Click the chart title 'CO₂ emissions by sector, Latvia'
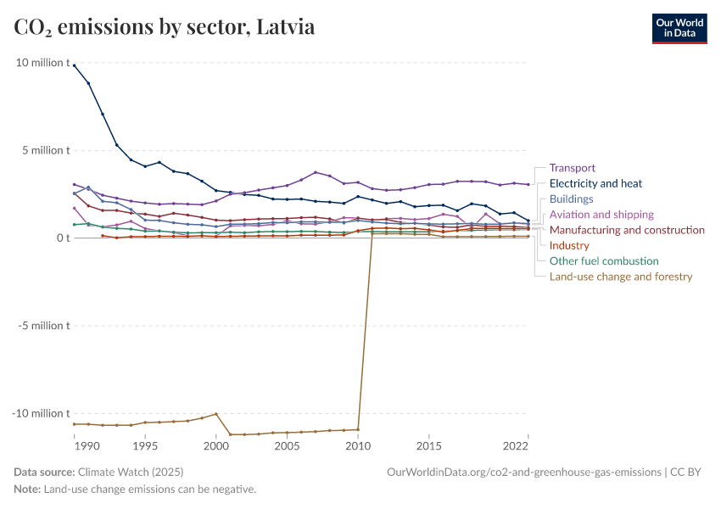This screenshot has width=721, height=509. (x=165, y=27)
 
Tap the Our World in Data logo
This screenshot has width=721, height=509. (x=679, y=27)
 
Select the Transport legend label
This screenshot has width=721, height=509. (x=573, y=168)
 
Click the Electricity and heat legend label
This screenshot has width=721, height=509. (x=595, y=183)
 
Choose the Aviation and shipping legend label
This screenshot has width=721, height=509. (x=601, y=215)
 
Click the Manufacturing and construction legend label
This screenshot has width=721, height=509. (x=627, y=230)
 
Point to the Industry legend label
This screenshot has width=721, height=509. (x=569, y=245)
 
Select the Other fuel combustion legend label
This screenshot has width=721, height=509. (x=604, y=261)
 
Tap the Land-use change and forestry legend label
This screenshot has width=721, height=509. (x=621, y=277)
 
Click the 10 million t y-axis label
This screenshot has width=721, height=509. (x=42, y=63)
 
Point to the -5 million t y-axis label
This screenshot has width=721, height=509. (x=42, y=326)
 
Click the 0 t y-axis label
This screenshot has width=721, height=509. (x=61, y=238)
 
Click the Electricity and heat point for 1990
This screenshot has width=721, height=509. (x=75, y=65)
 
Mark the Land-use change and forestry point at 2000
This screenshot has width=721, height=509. (x=216, y=414)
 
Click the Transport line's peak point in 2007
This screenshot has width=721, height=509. (x=316, y=172)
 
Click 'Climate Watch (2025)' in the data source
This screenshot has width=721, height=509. (x=130, y=472)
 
